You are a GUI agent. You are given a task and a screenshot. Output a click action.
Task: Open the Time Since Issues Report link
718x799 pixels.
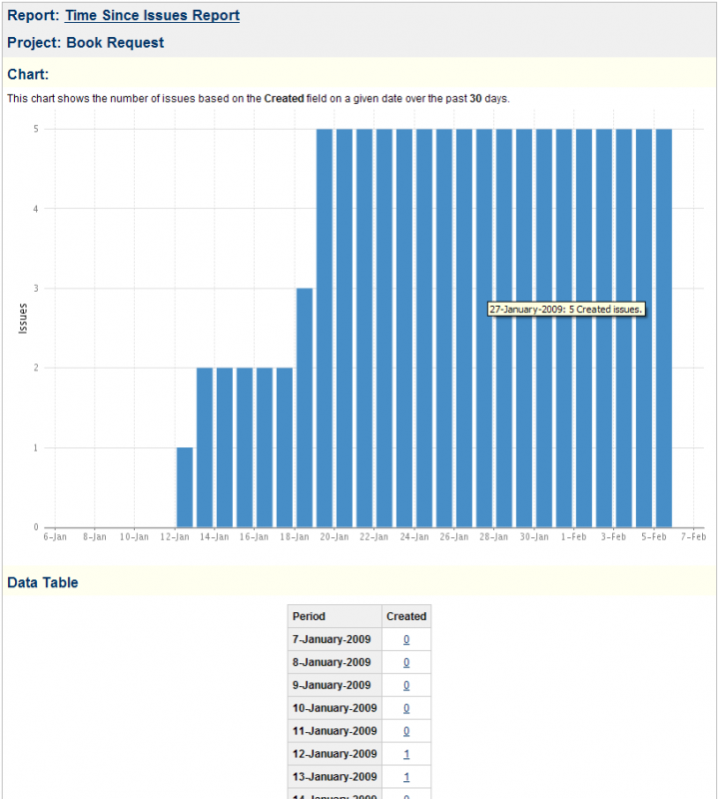point(152,16)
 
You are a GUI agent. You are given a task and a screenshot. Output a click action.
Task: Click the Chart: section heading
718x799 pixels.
point(28,74)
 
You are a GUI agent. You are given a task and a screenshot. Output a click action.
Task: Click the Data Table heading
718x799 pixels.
point(42,582)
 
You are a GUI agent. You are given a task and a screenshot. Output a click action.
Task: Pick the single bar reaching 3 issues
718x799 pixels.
point(305,407)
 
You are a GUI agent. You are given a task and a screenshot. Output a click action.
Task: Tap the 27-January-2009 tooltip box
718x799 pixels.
point(565,310)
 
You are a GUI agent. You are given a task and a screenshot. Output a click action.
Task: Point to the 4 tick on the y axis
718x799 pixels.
point(36,209)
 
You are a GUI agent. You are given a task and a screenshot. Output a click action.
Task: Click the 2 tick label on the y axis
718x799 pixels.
point(36,368)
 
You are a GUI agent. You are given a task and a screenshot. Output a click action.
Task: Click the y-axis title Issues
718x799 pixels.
point(23,319)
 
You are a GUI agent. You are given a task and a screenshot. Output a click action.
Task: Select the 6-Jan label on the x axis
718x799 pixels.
point(55,537)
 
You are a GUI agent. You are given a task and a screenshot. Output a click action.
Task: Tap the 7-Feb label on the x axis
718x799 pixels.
point(693,537)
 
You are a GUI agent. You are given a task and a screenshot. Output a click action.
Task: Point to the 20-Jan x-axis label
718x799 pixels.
point(334,537)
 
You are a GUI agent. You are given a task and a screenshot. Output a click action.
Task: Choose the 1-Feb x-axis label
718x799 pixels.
point(573,537)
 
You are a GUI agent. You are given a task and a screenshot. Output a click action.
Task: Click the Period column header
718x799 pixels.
point(309,616)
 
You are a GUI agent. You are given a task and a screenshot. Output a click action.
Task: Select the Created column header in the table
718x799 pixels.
point(406,616)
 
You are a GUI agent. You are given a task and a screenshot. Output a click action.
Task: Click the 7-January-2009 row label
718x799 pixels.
point(332,639)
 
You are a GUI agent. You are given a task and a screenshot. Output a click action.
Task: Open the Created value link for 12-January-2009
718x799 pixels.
point(406,754)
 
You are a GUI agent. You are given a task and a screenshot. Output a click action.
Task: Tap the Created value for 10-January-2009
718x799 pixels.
point(406,708)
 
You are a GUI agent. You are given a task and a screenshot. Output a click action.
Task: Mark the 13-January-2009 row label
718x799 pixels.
point(332,777)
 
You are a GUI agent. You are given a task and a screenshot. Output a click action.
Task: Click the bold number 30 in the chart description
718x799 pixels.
point(476,98)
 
